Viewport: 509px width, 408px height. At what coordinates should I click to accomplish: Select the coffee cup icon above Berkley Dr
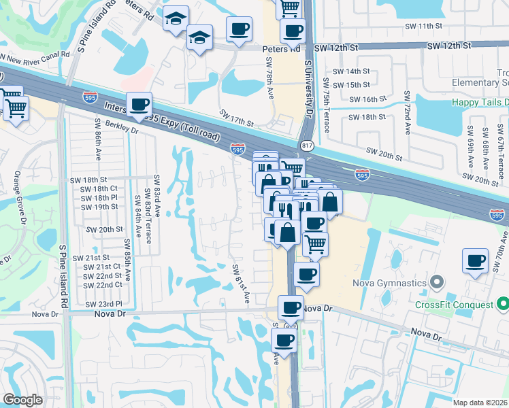click(x=139, y=105)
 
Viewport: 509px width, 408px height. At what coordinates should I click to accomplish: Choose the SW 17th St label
click(x=235, y=118)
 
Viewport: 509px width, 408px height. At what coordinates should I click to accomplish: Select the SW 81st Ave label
click(x=240, y=284)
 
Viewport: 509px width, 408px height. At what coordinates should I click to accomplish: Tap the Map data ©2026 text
click(x=480, y=403)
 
